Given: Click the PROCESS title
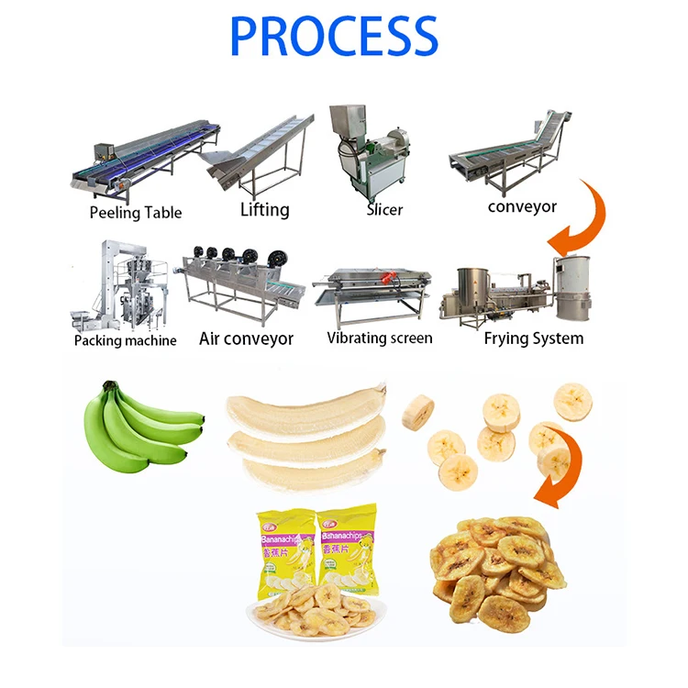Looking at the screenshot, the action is point(333,37).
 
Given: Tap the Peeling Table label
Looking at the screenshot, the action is point(136,213).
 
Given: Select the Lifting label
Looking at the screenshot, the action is point(264,210).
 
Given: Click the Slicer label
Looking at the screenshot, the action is point(384,210).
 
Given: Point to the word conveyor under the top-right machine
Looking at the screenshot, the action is point(522,206).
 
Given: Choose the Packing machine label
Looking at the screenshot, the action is point(125,340).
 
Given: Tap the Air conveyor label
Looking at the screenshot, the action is point(246,338).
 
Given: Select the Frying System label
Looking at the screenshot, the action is point(533,338).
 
